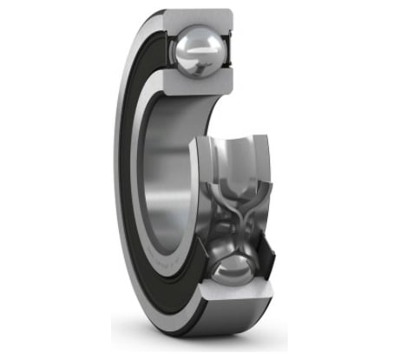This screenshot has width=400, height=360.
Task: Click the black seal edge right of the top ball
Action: coord(228,52)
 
